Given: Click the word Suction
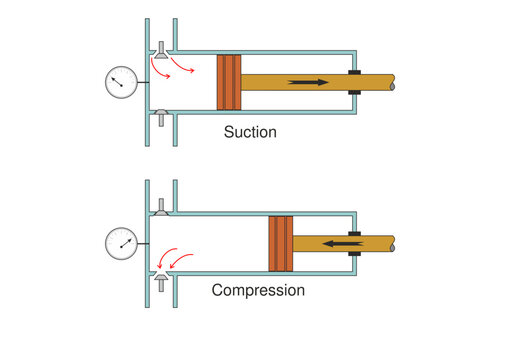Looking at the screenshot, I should click(x=251, y=131).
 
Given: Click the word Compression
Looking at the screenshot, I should click(x=258, y=291).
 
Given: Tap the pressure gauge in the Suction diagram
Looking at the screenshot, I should click(x=120, y=82).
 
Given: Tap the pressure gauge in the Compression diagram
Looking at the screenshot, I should click(x=120, y=242).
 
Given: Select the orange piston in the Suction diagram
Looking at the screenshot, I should click(x=229, y=82).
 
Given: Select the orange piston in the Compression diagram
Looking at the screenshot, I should click(x=280, y=243).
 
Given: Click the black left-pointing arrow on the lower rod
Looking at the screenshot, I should click(x=340, y=242).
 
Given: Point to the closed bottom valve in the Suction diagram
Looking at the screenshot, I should click(x=161, y=115).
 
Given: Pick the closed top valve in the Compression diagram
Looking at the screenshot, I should click(x=161, y=207).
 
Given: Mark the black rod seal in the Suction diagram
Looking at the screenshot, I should click(x=354, y=82).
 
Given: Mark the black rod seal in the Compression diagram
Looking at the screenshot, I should click(x=354, y=242).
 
